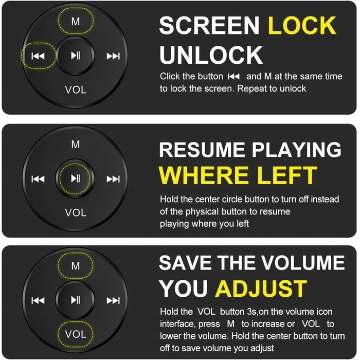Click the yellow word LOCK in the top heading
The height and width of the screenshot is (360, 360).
point(302,25)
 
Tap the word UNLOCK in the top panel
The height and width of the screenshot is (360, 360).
point(211,55)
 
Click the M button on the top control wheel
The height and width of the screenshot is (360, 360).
point(76,22)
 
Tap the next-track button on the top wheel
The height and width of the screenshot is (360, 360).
point(113,56)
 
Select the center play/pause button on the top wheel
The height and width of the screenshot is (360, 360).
point(75,56)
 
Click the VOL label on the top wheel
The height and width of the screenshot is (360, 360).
point(76,89)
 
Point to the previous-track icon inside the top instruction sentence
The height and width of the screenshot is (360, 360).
point(233,77)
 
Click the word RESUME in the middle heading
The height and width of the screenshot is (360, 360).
point(202,150)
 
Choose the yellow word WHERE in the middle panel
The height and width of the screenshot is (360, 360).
point(204,175)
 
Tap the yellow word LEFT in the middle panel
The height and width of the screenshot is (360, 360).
point(287,175)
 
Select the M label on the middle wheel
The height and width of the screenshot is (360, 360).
point(76,145)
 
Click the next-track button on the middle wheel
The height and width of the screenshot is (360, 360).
point(113,179)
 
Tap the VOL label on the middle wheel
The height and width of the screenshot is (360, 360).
point(76,212)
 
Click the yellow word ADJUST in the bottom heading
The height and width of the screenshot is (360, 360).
point(261,289)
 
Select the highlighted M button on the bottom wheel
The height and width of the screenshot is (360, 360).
point(76,266)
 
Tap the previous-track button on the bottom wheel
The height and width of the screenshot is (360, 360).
point(38,300)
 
